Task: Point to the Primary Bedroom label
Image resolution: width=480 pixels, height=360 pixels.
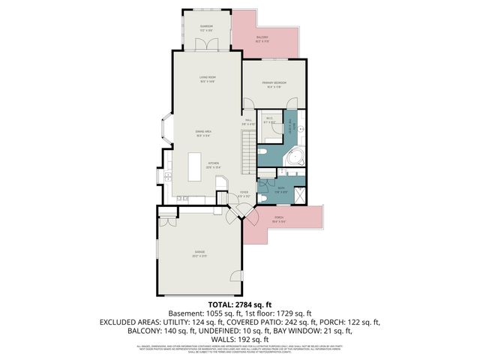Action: [275, 85]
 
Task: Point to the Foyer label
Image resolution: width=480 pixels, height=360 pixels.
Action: [243, 194]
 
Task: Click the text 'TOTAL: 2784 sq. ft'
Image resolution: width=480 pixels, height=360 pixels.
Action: [240, 304]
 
